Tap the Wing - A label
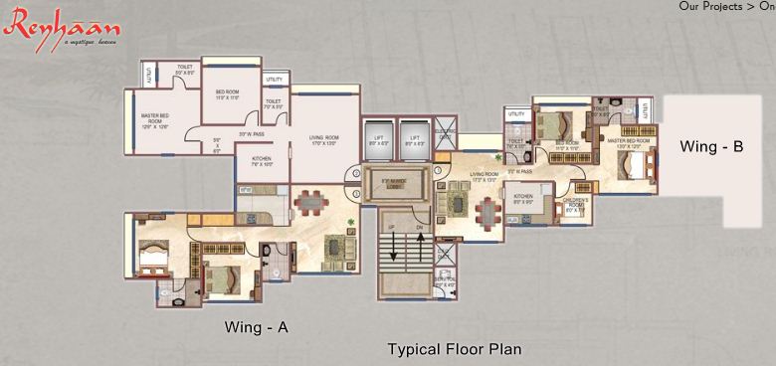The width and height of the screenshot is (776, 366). (x=256, y=326)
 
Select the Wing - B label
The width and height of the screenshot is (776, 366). (x=711, y=146)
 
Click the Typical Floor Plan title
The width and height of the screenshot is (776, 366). (x=455, y=349)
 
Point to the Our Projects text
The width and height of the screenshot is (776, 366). (x=711, y=6)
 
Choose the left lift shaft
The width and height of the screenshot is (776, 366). (x=378, y=141)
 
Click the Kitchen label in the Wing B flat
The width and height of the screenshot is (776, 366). (x=524, y=199)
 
